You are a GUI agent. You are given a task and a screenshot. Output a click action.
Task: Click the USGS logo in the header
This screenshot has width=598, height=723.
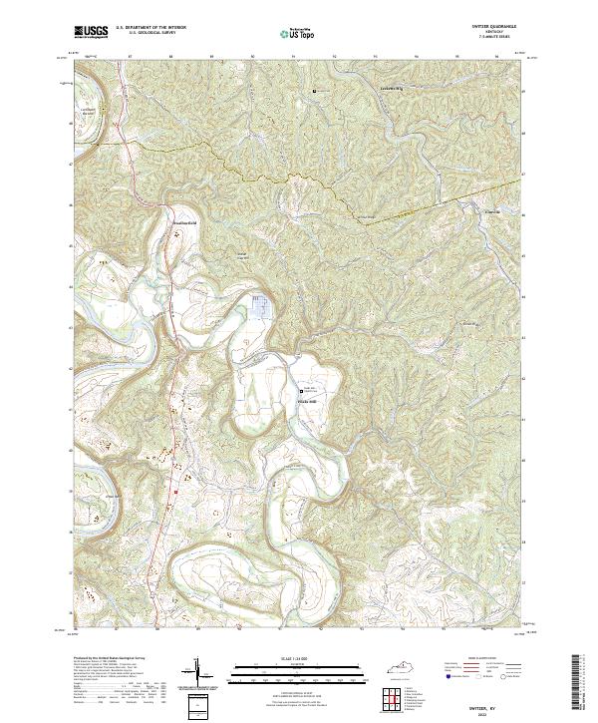tap(91, 32)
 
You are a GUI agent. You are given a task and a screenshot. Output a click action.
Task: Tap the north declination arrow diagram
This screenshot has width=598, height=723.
tap(196, 673)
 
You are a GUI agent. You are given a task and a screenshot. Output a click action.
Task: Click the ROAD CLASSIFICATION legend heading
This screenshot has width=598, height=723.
tap(496, 660)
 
